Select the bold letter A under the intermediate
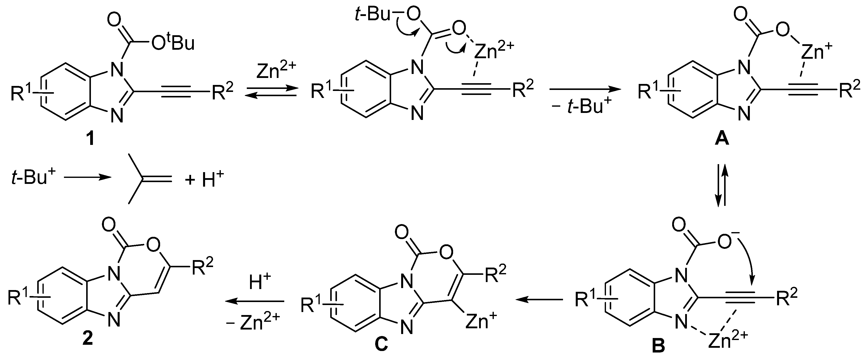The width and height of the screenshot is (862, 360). (x=722, y=139)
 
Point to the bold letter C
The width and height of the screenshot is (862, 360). (x=381, y=345)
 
